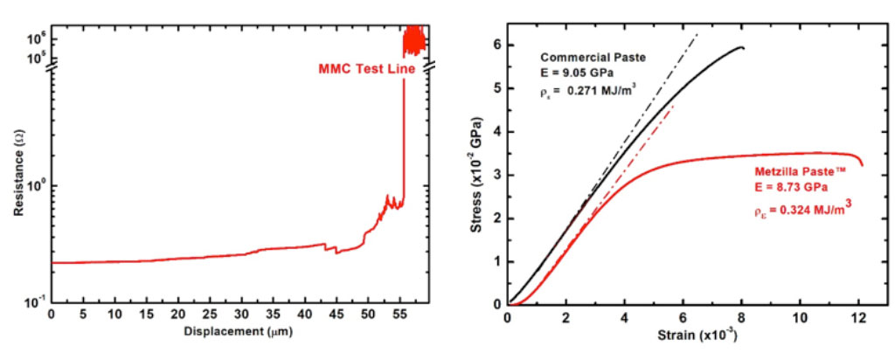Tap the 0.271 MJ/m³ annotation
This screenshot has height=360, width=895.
(586, 90)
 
